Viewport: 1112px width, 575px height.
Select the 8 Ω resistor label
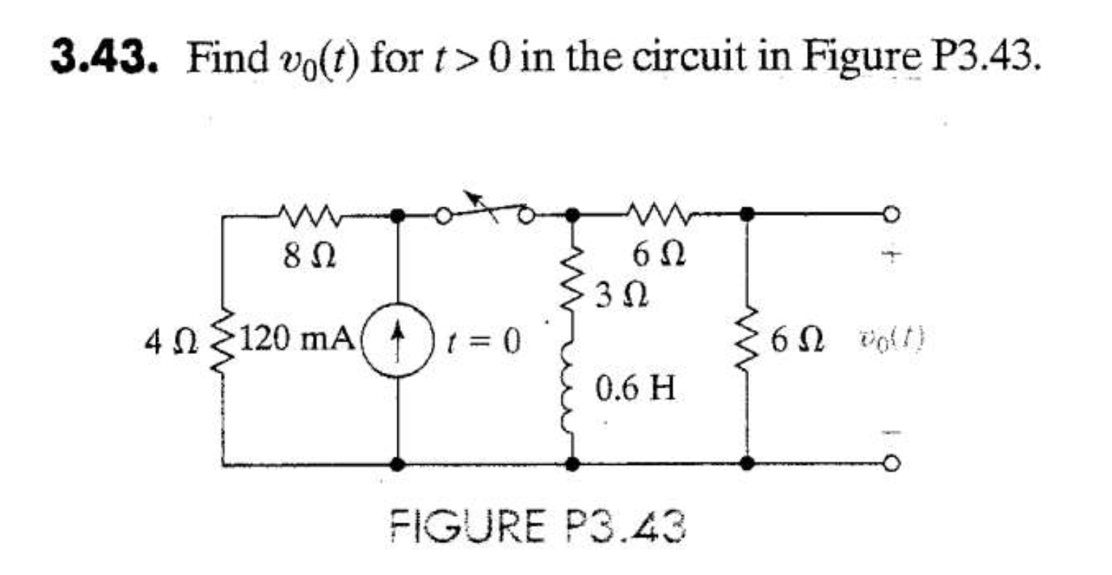305,257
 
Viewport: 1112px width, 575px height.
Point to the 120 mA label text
298,340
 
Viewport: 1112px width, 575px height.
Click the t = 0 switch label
486,341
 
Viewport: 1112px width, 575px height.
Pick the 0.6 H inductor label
636,387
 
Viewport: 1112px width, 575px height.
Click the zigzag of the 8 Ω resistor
306,214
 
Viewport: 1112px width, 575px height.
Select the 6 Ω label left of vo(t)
799,341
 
